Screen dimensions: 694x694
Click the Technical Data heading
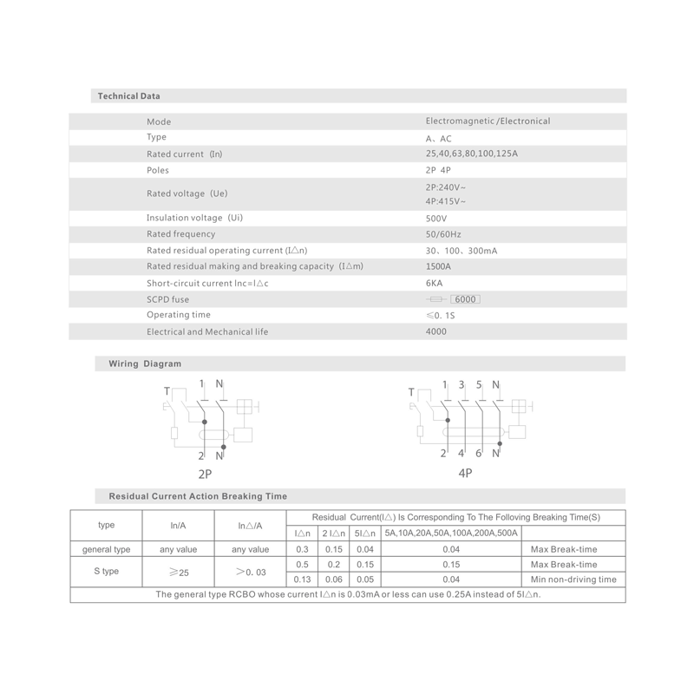128,96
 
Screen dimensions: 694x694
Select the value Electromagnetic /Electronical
488,121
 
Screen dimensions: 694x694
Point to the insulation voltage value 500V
436,219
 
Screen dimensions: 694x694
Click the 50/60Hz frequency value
443,234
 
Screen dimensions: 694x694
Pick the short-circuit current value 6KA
435,283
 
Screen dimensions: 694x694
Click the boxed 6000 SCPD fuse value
465,299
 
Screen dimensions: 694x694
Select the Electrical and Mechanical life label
207,331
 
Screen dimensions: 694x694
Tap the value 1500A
438,266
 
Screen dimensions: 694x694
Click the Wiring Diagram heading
145,364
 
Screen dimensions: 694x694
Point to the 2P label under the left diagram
205,475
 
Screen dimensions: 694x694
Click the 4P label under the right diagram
465,473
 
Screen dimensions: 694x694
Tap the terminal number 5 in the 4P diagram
478,384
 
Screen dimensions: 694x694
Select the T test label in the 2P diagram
167,392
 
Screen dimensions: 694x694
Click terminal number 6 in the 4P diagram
478,454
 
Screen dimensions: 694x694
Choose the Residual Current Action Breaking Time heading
198,496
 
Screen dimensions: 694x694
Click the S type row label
106,572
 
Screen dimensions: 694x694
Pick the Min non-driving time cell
573,579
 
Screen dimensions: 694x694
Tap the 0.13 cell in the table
302,579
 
